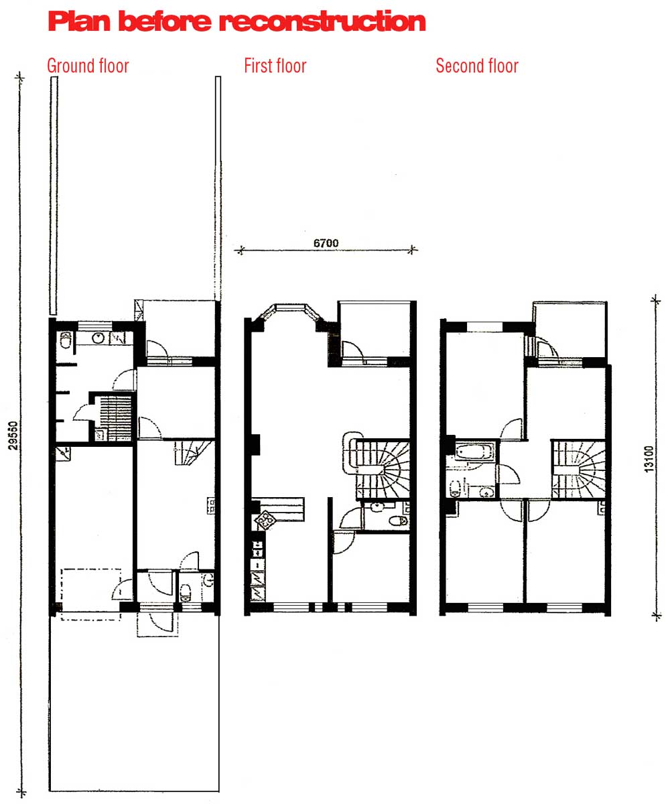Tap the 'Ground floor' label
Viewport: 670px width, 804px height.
pos(88,66)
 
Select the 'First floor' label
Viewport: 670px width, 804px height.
pos(275,66)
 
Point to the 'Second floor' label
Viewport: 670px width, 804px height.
pos(476,66)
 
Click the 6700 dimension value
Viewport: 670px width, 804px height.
pos(326,243)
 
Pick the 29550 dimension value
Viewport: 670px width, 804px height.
pos(13,435)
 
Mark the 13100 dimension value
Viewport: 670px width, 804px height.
pos(649,459)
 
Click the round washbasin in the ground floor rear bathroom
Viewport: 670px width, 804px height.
pos(98,338)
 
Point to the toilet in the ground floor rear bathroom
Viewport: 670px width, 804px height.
pos(66,340)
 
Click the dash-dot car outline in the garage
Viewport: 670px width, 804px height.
pos(91,594)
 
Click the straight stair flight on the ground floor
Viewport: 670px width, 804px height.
pos(115,418)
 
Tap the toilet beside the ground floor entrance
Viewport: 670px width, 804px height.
pos(186,593)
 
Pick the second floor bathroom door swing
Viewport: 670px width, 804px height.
pos(509,474)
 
